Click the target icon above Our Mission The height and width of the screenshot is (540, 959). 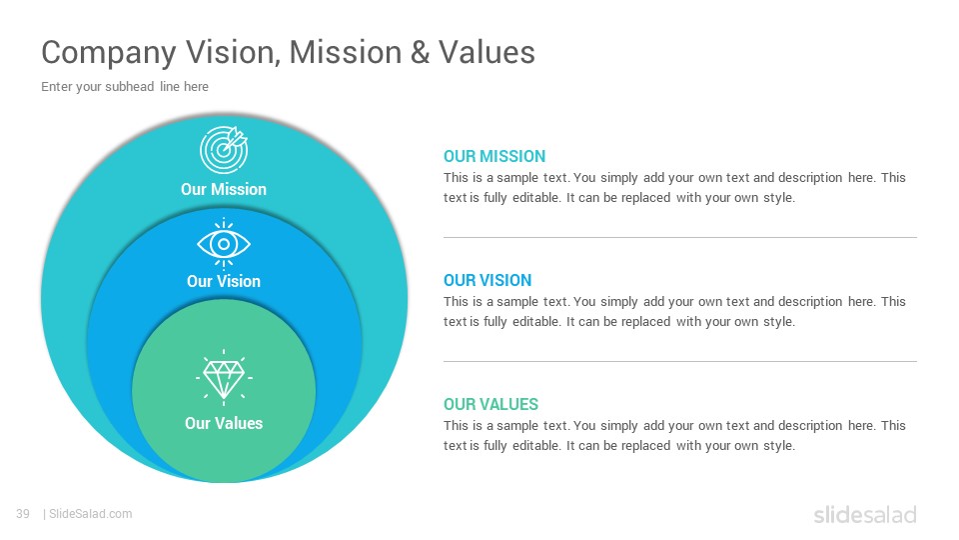pos(224,150)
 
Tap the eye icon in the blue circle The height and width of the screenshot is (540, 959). pos(224,244)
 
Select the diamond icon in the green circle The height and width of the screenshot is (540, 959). pos(224,378)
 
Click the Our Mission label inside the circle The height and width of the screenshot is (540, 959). pos(224,189)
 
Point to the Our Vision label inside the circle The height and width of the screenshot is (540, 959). pos(224,281)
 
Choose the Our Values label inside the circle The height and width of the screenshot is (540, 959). pos(224,423)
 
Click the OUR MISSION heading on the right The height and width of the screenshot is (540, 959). pos(494,157)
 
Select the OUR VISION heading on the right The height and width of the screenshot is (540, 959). pos(487,280)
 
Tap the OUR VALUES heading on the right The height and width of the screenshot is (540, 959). pos(490,405)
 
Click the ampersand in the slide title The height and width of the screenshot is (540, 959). pos(421,52)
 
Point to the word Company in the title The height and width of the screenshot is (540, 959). pos(109,53)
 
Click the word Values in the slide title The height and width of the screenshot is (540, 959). pos(486,52)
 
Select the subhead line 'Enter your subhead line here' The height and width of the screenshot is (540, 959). pos(125,87)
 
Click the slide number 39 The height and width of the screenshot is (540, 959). pos(23,514)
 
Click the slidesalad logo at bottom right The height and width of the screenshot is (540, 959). pos(865,514)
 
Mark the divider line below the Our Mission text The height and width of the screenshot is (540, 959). pos(680,237)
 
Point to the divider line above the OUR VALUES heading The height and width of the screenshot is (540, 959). pos(680,361)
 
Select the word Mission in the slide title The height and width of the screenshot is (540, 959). pos(346,52)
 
